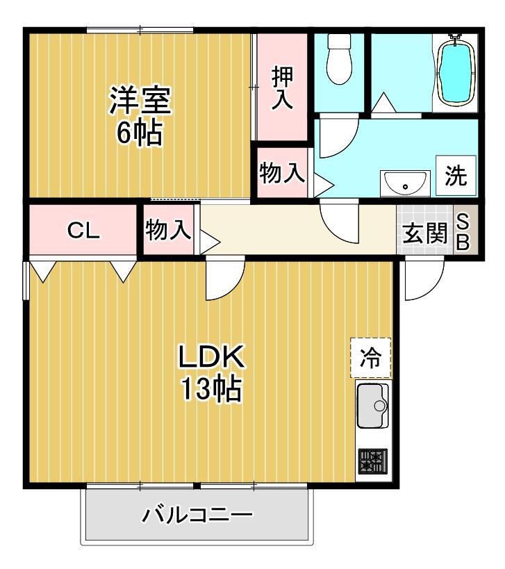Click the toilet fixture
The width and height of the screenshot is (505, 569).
pos(339,59)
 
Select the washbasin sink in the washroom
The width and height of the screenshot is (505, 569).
pos(405,183)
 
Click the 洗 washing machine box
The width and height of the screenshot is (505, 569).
pos(456,176)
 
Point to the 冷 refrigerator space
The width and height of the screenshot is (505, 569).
pos(371,358)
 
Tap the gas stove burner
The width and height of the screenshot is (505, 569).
pos(373,461)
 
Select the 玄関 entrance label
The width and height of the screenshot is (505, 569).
pos(425,233)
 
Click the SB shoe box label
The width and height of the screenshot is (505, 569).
pos(463,231)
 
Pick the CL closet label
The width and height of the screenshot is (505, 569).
pos(83,230)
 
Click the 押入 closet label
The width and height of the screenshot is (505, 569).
pos(282,88)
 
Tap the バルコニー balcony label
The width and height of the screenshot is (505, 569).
pos(197,515)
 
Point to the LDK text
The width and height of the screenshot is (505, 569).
pos(210,357)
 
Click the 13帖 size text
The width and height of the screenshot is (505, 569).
pos(211,388)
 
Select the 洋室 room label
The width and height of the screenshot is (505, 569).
pos(140,100)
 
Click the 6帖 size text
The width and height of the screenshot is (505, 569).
pos(140,133)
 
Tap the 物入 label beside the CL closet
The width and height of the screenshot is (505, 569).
pos(168,230)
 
